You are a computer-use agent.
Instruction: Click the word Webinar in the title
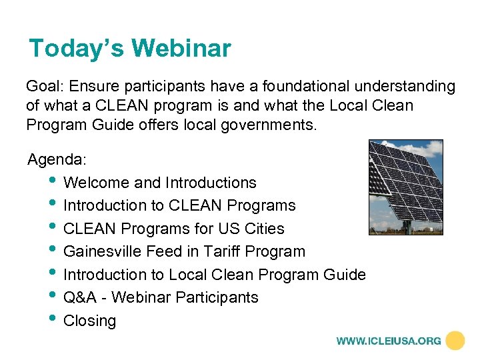(x=181, y=49)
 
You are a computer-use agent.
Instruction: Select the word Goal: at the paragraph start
(x=45, y=86)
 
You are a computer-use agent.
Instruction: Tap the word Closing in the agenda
(x=89, y=321)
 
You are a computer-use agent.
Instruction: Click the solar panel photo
(x=406, y=187)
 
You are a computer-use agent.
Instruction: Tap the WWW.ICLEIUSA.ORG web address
(x=389, y=341)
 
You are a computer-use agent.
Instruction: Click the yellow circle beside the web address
(x=455, y=341)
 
